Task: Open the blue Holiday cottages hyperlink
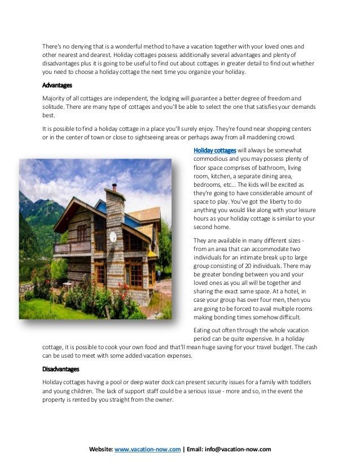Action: point(215,151)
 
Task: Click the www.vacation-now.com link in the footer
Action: point(147,449)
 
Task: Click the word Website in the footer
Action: point(101,449)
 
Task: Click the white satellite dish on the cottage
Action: point(113,237)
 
